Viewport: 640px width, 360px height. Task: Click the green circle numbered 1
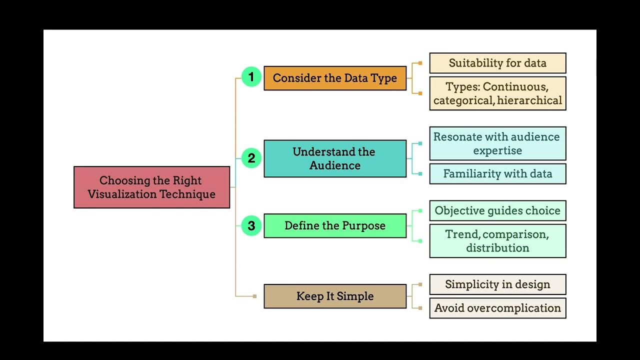[251, 77]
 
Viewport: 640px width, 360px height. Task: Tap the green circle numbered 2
[251, 158]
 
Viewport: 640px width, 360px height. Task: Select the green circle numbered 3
[251, 225]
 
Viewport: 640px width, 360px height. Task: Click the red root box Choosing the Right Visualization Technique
[151, 187]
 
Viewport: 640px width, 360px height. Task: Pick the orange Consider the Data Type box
[335, 78]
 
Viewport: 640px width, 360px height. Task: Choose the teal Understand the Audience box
[335, 158]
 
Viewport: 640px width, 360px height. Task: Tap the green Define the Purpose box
[335, 225]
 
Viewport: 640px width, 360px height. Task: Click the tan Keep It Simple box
[335, 296]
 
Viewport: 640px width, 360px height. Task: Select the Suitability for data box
[497, 63]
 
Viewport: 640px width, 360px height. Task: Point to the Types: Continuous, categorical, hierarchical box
[497, 93]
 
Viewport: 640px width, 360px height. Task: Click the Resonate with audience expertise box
[497, 143]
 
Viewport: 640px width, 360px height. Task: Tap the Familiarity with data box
[497, 174]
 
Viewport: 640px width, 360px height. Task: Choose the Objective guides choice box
[497, 210]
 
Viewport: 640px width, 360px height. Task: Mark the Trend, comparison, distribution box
[497, 241]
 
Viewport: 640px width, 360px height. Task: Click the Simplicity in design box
[497, 284]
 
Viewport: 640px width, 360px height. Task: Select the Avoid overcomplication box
[497, 308]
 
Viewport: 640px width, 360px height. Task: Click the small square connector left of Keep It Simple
[254, 296]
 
